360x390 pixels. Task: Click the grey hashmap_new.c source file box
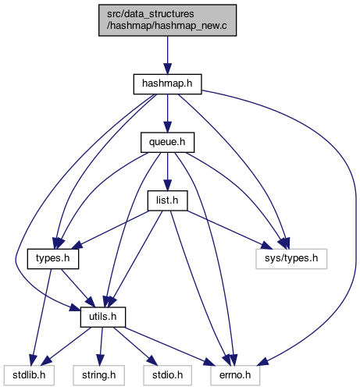click(167, 20)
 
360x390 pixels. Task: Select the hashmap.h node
click(167, 84)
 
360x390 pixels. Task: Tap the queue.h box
click(167, 143)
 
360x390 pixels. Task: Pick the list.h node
click(167, 200)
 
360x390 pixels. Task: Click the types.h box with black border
click(53, 259)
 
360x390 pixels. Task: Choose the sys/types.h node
click(291, 259)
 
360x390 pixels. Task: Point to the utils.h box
click(103, 317)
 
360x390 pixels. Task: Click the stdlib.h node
click(29, 375)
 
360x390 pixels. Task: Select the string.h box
click(99, 375)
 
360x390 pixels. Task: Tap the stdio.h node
click(167, 375)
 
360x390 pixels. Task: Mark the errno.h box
click(235, 375)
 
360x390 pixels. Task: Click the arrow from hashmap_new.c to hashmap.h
click(167, 55)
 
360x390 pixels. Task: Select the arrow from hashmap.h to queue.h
click(167, 113)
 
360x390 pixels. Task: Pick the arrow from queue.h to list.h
click(167, 172)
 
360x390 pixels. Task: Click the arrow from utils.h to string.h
click(101, 346)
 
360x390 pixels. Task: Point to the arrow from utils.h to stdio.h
click(136, 346)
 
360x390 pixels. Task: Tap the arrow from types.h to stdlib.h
click(41, 317)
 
